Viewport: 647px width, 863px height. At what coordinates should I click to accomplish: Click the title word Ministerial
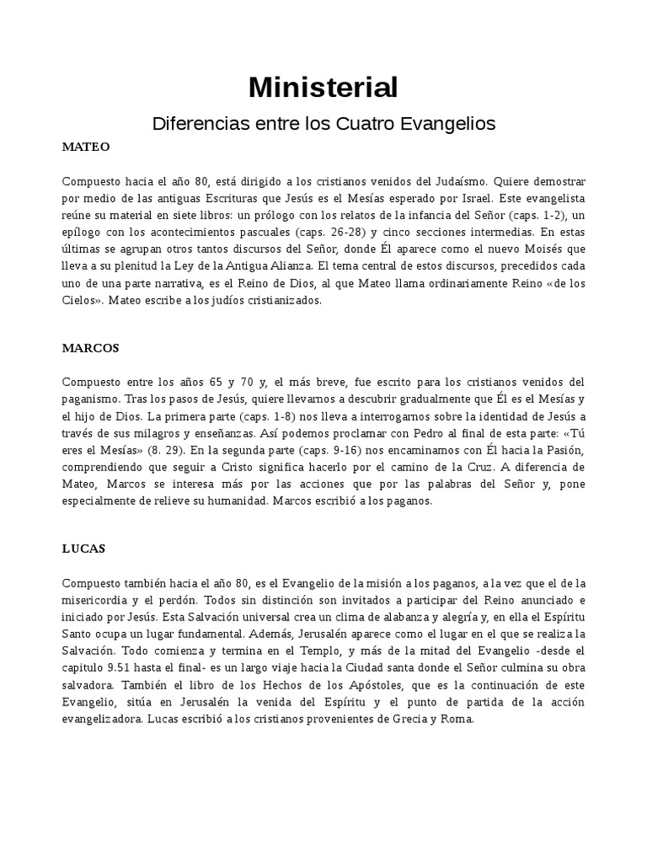(x=323, y=87)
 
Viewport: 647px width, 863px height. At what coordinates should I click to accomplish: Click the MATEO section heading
(x=86, y=147)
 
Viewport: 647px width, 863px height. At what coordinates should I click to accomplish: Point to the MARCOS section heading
(x=91, y=347)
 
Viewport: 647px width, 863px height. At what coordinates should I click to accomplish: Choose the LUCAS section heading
(x=83, y=548)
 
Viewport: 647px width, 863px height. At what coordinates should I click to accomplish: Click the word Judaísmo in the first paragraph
(x=458, y=181)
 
